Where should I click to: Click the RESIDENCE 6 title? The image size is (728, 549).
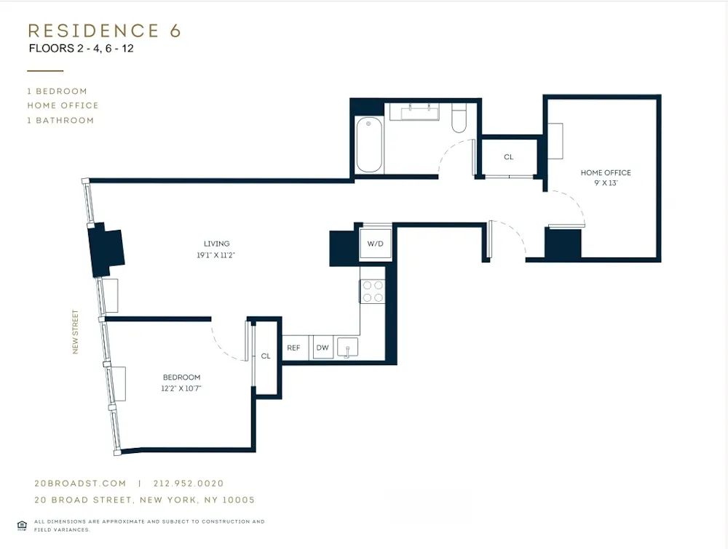click(104, 31)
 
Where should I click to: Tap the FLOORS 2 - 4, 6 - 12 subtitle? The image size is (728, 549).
click(81, 49)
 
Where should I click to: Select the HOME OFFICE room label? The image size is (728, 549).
click(605, 173)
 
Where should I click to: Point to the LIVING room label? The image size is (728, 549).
click(217, 244)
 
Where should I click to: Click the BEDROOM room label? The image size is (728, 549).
click(181, 377)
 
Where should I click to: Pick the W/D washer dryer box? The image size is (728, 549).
click(376, 244)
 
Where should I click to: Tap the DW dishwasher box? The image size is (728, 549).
click(323, 348)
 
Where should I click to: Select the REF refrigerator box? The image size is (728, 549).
click(293, 348)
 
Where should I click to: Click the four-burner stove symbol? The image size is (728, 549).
click(373, 292)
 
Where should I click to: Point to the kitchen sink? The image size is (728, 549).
click(348, 348)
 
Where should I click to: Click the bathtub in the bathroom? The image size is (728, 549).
click(368, 145)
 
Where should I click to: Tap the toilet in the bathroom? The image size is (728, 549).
click(459, 119)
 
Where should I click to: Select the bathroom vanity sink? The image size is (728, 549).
click(414, 112)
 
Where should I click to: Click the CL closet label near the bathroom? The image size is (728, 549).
click(508, 157)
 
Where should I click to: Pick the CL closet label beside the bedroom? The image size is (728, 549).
click(266, 356)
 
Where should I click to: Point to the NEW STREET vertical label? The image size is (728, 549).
click(75, 332)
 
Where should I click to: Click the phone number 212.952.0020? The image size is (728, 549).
click(189, 484)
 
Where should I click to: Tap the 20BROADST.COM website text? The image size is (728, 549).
click(80, 484)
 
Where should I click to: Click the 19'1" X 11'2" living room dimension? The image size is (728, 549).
click(217, 255)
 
